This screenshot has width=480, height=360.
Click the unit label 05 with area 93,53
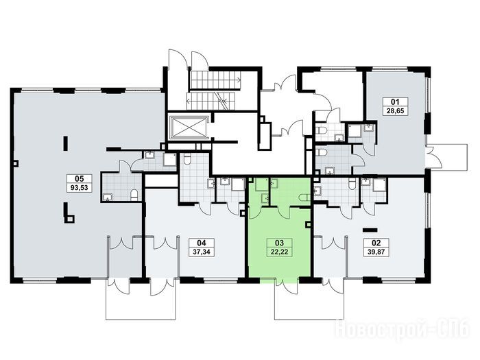pos(80,183)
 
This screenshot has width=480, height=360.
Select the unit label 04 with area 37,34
pos(202,248)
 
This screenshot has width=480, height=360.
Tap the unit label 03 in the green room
pos(280,248)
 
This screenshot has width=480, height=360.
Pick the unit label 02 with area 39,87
pos(376,248)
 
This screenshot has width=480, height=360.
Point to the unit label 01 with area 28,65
pos(396,106)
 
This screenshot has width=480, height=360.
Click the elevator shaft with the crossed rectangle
pos(189,127)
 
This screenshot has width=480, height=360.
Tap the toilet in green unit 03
pos(305,197)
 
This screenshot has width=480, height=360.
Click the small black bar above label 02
pos(370,229)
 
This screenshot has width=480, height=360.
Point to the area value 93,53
pos(80,188)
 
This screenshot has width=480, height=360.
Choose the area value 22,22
pos(280,252)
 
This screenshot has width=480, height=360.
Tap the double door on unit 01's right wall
pos(434,157)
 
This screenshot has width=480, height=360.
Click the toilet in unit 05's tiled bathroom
pos(134,195)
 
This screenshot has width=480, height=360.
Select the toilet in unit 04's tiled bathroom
pos(187,158)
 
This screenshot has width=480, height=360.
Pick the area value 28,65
pos(396,110)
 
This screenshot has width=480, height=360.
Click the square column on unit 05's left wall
pos(16,163)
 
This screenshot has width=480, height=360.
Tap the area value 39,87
pos(376,252)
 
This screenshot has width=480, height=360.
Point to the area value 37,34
pos(202,252)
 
